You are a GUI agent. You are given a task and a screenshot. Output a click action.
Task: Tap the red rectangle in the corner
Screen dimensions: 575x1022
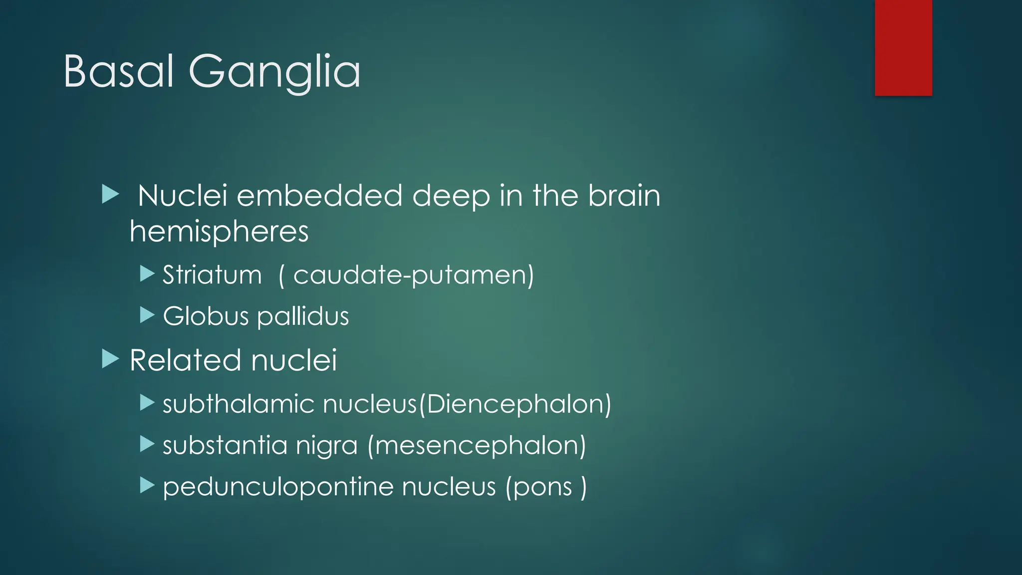[x=903, y=48]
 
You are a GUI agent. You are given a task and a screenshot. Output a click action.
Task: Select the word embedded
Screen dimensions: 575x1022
[x=319, y=195]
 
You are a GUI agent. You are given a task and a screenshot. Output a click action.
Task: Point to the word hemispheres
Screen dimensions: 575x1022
[x=219, y=232]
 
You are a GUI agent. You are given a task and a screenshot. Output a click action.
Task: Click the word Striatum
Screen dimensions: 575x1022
[x=212, y=275]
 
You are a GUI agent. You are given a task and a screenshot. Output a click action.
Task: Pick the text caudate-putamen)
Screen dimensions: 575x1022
[x=413, y=275]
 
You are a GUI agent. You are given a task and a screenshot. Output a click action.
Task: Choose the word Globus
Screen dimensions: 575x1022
[x=206, y=316]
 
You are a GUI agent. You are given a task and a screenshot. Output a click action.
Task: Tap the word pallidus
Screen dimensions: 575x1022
[x=303, y=316]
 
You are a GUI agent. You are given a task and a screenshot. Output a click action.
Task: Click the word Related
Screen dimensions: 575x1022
[x=186, y=360]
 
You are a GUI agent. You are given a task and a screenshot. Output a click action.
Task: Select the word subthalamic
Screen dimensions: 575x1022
[x=239, y=404]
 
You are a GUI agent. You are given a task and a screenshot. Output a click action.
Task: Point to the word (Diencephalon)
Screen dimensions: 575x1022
[x=515, y=404]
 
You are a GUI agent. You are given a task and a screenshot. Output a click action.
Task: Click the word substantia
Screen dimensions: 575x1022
[x=225, y=445]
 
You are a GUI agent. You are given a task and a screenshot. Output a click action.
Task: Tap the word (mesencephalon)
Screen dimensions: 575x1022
[x=477, y=445]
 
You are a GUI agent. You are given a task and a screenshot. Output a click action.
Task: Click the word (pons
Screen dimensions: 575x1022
[x=538, y=487]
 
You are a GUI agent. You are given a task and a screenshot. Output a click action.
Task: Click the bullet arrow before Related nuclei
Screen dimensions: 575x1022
[x=110, y=359]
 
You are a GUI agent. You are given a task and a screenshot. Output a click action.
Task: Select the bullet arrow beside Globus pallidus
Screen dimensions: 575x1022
[x=147, y=315]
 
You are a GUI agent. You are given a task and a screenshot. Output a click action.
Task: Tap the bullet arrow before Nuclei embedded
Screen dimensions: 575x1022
[x=110, y=194]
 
